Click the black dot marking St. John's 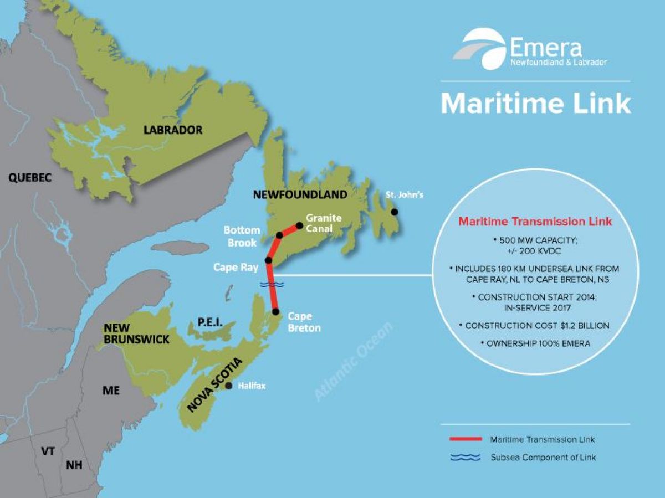tap(394, 212)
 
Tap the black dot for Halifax tap(228, 386)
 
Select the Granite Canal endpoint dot tap(300, 225)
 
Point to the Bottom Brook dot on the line tap(280, 235)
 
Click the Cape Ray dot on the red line tap(268, 260)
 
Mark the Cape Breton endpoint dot tap(275, 312)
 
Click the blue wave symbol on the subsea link tap(272, 284)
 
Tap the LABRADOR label tap(173, 131)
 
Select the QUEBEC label tap(29, 178)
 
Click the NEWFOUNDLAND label tap(300, 194)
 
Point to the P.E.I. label tap(209, 322)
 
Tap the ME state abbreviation tap(111, 390)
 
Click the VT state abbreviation tap(48, 451)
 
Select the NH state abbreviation tap(74, 465)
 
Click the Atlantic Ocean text tap(354, 361)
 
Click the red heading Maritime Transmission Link tap(535, 222)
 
